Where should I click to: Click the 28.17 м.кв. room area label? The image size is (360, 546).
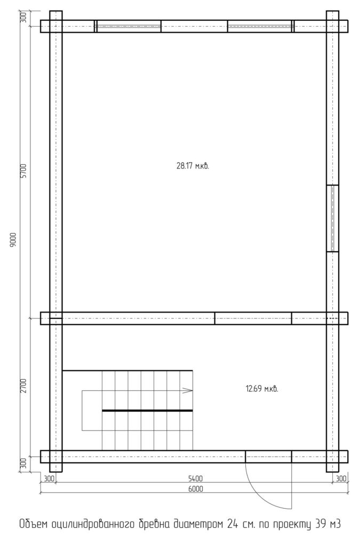(193, 166)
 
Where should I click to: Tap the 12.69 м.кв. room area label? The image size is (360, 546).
(262, 389)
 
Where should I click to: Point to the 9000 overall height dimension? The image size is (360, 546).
(13, 240)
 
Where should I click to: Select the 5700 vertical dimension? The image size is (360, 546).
(23, 171)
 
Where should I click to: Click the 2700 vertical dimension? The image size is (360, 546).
(23, 386)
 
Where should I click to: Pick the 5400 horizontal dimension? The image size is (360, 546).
(195, 479)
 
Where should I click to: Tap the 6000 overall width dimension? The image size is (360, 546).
(195, 489)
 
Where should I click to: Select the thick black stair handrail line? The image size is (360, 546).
(147, 411)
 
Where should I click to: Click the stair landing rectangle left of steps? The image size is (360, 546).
(82, 411)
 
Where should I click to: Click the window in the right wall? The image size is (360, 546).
(332, 218)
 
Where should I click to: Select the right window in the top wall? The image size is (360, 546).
(260, 26)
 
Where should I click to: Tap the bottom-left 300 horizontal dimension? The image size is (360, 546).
(49, 479)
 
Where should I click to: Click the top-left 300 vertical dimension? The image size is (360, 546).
(23, 18)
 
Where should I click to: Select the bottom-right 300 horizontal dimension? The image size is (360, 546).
(341, 479)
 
